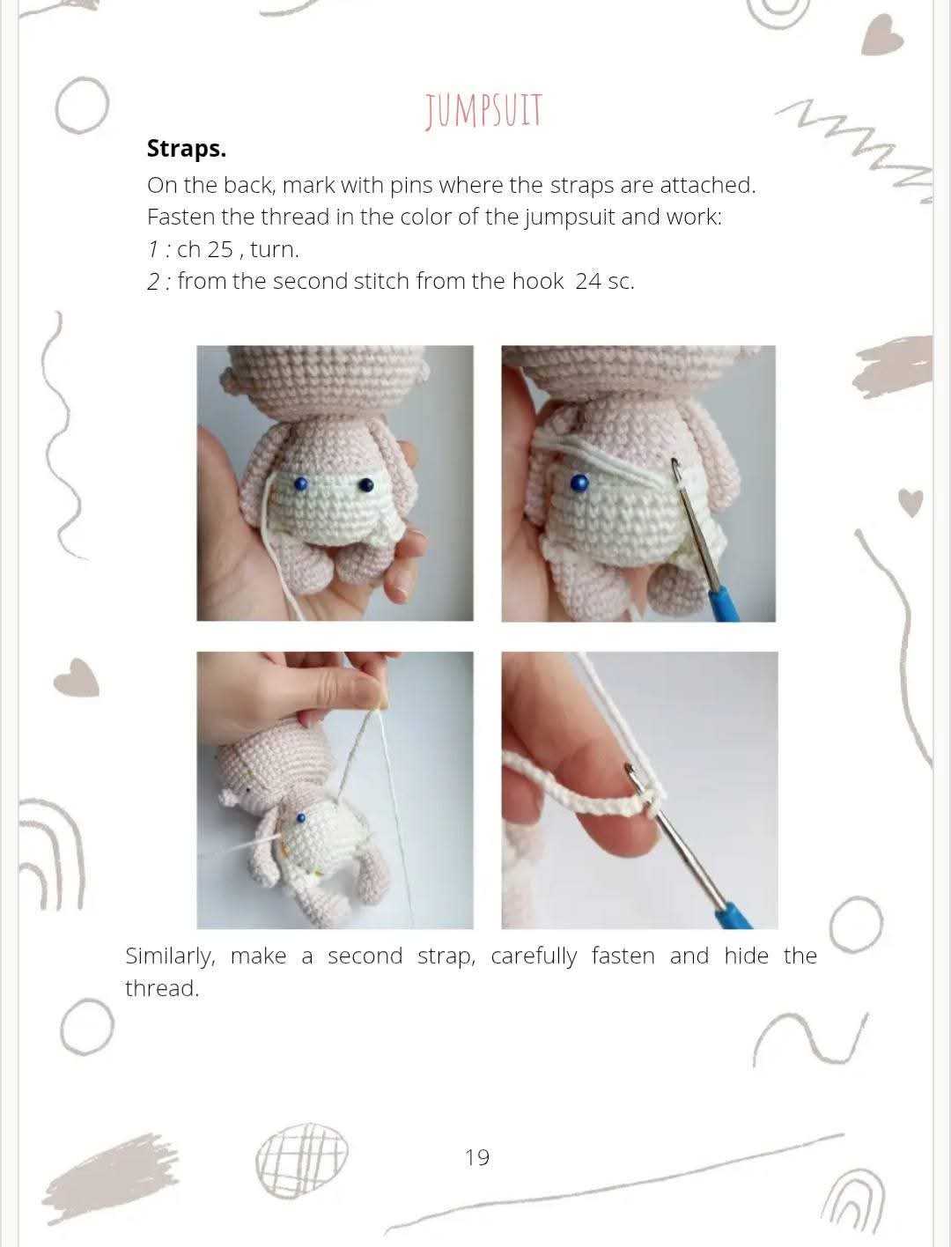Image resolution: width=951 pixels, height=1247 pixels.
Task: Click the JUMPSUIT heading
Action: pyautogui.click(x=483, y=113)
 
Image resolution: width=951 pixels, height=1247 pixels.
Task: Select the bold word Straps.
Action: pyautogui.click(x=186, y=149)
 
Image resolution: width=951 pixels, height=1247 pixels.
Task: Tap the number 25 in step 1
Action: pyautogui.click(x=219, y=249)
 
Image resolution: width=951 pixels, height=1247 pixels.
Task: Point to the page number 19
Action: pyautogui.click(x=476, y=1157)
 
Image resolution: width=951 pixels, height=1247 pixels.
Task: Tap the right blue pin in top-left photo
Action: pyautogui.click(x=365, y=484)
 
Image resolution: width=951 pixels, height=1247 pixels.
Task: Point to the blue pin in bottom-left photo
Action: pyautogui.click(x=301, y=818)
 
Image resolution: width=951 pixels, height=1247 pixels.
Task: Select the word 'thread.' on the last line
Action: pyautogui.click(x=162, y=989)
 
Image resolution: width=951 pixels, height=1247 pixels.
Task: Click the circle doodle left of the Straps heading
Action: pyautogui.click(x=81, y=107)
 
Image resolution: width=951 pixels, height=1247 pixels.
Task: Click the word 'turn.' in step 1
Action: pyautogui.click(x=275, y=249)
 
